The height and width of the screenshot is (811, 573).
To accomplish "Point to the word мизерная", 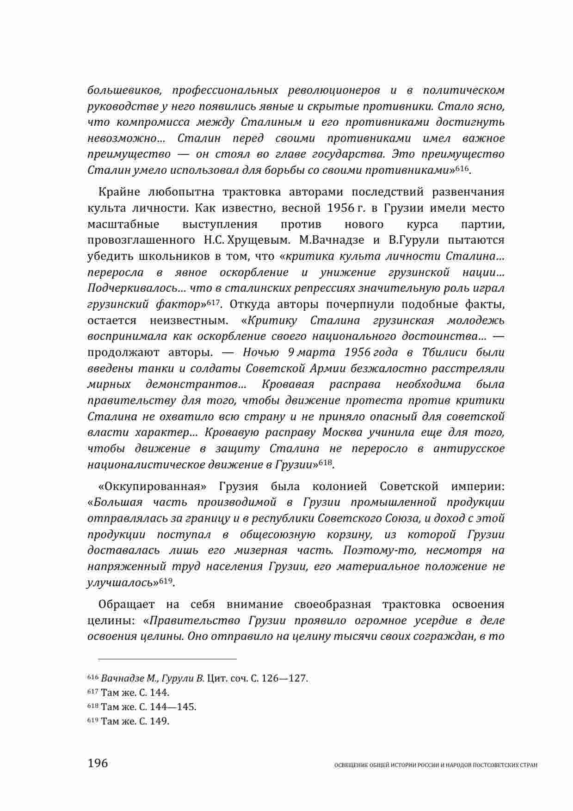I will (261, 550).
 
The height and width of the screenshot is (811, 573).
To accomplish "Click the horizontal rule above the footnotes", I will (162, 659).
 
